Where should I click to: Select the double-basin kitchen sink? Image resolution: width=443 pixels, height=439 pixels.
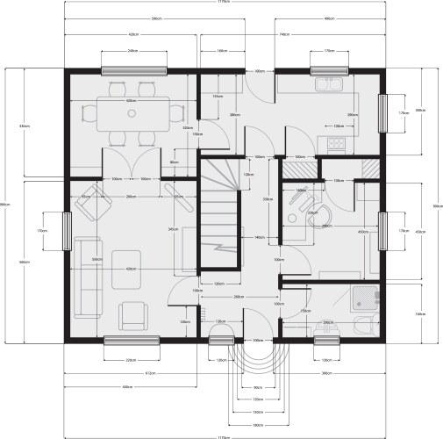pyautogui.click(x=331, y=85)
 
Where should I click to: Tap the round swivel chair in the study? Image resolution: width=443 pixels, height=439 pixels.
pyautogui.click(x=318, y=215)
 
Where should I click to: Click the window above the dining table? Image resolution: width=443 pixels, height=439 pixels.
pyautogui.click(x=133, y=70)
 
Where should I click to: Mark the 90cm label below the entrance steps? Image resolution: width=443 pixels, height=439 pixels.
pyautogui.click(x=258, y=386)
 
